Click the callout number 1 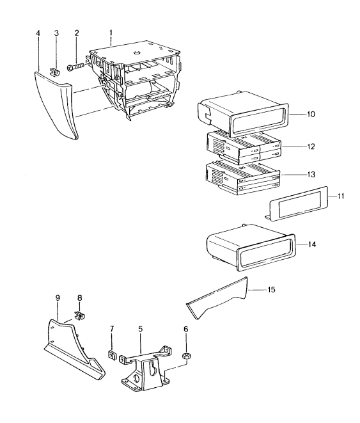[x=111, y=33]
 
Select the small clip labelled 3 [x=56, y=71]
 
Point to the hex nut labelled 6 [x=186, y=356]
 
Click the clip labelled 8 [x=79, y=315]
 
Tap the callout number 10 [x=311, y=114]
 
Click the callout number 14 [x=312, y=244]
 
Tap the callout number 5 [x=141, y=329]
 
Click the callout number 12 [x=311, y=147]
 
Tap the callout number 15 [x=271, y=290]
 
